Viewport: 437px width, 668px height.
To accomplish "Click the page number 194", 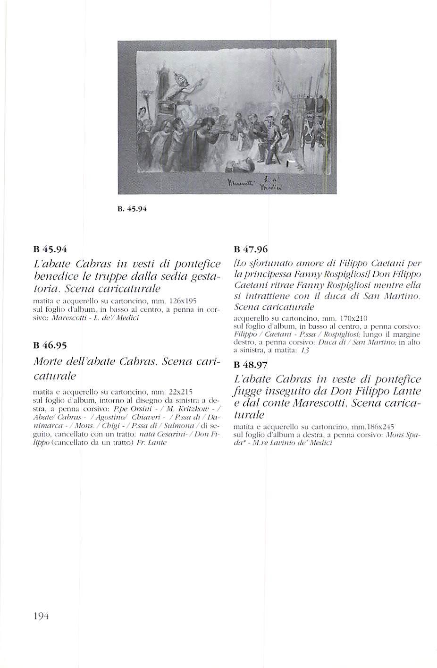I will point(41,616).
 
